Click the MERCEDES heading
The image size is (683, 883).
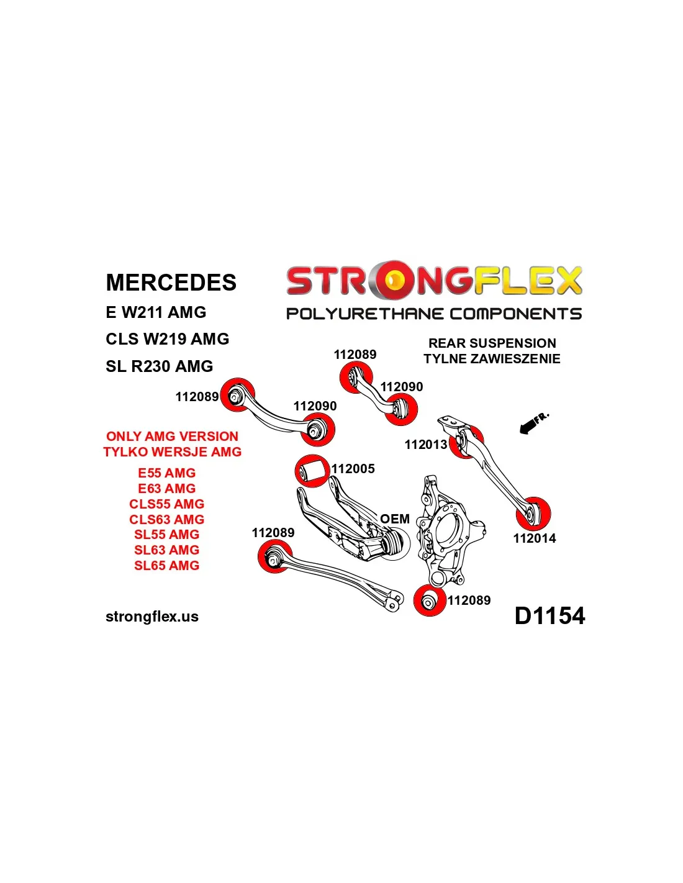pos(171,283)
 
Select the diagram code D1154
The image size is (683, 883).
pos(550,616)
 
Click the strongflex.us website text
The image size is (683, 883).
pos(152,617)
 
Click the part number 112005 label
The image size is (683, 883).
pos(353,469)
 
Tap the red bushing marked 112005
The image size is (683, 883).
pos(312,471)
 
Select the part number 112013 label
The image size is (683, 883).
pos(425,445)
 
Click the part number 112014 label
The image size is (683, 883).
pos(534,538)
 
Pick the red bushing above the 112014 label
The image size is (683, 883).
pos(533,514)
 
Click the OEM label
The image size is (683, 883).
pos(395,519)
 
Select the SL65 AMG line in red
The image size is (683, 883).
pos(166,566)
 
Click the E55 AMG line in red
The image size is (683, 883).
pos(166,473)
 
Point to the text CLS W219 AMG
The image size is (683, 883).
pos(167,339)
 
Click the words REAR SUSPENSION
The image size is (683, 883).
pos(492,343)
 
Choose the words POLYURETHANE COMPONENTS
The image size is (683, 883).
pos(433,314)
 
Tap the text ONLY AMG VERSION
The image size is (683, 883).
pos(172,437)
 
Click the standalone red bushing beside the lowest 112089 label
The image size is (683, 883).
pos(430,600)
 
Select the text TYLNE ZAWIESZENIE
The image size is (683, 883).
pos(492,359)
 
